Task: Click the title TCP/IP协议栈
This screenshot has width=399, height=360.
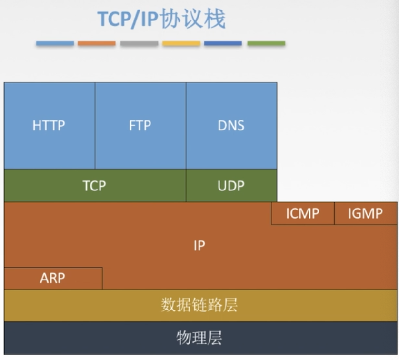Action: [161, 20]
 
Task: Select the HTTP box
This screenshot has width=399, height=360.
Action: [49, 126]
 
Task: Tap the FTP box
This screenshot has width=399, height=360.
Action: [140, 126]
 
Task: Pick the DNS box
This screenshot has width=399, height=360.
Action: [231, 126]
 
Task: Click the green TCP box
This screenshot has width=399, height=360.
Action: [94, 186]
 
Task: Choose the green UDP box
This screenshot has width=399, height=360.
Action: [231, 186]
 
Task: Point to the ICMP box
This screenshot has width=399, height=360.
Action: [303, 213]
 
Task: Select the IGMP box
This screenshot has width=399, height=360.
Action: [365, 213]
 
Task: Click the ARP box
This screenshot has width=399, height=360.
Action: [53, 278]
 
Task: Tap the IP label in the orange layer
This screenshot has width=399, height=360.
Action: [199, 246]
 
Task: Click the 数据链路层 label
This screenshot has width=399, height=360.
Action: [199, 305]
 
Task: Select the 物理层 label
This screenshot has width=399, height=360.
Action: [199, 338]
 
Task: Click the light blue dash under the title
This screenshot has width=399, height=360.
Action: [55, 43]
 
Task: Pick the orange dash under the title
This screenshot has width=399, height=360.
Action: [97, 43]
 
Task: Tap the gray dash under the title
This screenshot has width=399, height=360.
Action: [139, 43]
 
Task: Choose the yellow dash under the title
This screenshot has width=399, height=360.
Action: [181, 43]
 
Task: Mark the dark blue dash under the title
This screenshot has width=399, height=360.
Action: [223, 43]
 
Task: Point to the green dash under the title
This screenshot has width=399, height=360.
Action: [266, 43]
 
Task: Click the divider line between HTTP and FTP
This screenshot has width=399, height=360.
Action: [95, 126]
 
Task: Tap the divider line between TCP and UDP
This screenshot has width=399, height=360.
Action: [186, 186]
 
